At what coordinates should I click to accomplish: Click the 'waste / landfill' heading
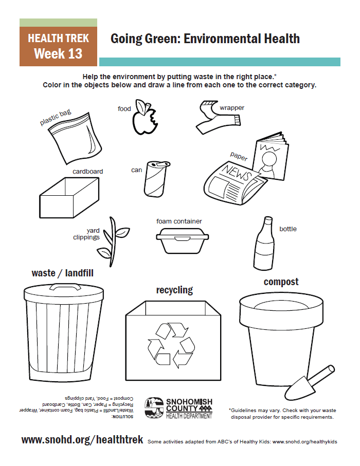click(62, 273)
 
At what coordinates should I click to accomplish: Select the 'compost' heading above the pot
click(281, 282)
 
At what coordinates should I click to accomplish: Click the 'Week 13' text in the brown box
click(58, 54)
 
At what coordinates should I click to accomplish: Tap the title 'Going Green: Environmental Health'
click(205, 39)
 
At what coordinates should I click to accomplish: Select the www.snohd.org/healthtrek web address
click(83, 440)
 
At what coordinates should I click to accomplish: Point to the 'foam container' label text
click(179, 221)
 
